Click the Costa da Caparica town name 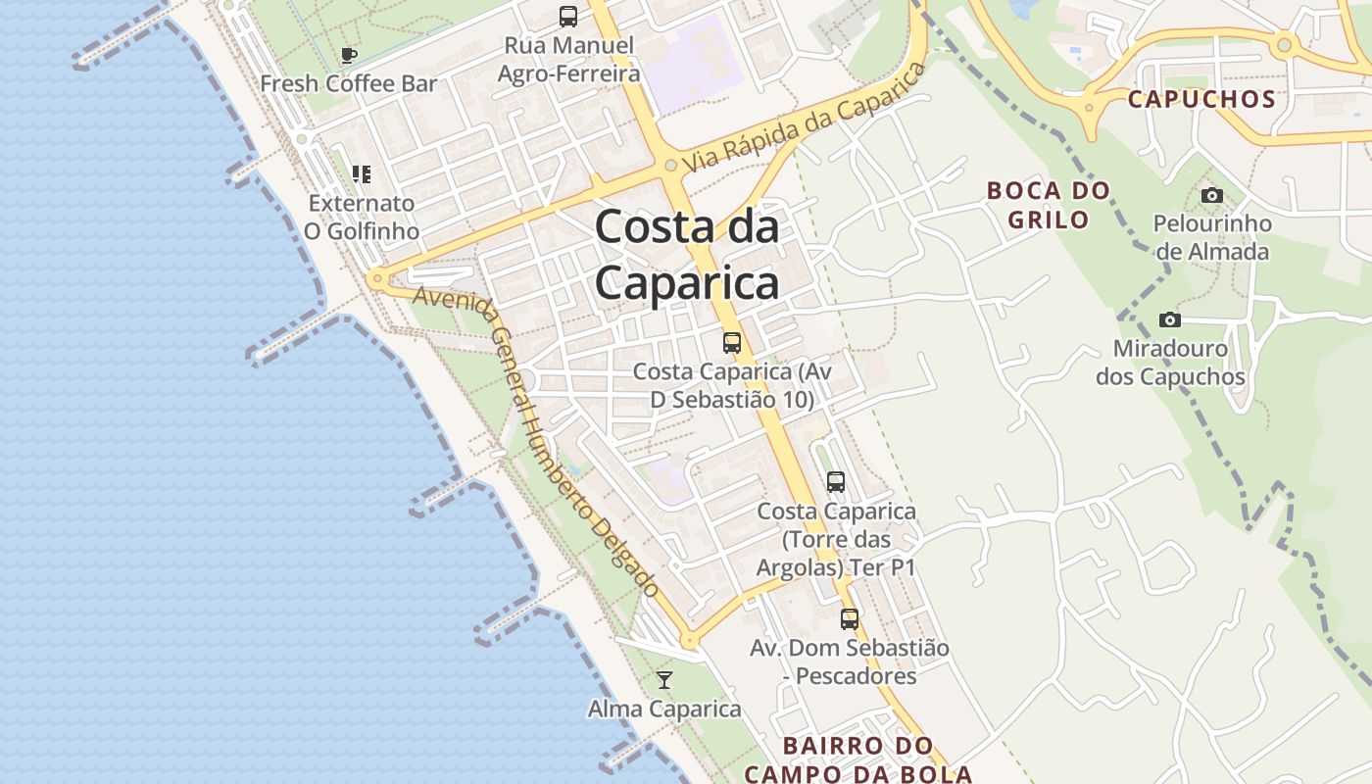click(687, 255)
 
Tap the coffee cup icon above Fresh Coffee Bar click(349, 55)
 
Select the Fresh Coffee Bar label click(348, 83)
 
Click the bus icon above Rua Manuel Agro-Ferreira click(568, 16)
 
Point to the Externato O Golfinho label click(361, 218)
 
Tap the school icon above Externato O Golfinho click(362, 174)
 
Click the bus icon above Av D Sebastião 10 click(732, 343)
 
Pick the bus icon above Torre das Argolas click(836, 482)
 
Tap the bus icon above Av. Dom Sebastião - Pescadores click(850, 619)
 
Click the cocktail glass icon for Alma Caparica click(664, 679)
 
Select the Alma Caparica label click(664, 709)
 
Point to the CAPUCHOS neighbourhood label click(1201, 99)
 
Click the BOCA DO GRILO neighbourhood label click(1049, 205)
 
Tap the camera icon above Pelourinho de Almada click(1212, 195)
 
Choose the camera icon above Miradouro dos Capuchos click(1169, 319)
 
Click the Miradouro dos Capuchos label click(1170, 363)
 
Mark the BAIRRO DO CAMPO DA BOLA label click(858, 759)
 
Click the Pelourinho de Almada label click(1212, 237)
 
